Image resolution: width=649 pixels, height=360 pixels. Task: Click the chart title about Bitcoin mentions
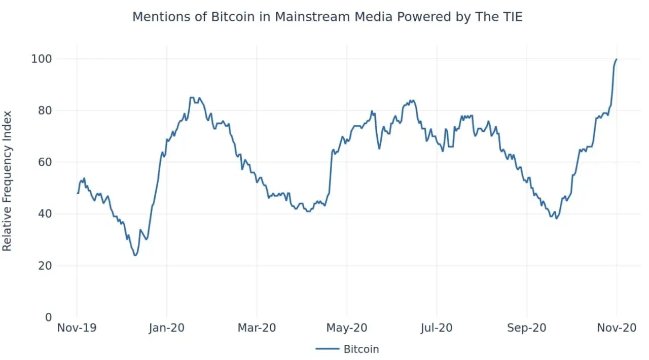327,17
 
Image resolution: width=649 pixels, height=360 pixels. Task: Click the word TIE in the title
511,17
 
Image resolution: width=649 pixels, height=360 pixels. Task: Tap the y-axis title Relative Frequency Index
7,181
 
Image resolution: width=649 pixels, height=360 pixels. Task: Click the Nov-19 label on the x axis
77,328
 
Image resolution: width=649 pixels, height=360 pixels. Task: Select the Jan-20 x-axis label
167,328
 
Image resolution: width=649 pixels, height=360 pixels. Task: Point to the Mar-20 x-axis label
257,328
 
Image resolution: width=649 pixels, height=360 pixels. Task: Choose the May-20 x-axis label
347,328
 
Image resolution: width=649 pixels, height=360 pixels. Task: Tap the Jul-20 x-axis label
437,328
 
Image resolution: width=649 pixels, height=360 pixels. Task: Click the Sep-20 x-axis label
527,328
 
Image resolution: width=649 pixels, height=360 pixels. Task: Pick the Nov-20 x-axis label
617,328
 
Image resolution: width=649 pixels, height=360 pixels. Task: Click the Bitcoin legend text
361,349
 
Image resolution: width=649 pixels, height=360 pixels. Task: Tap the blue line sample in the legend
327,349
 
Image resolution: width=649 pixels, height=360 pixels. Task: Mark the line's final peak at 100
617,59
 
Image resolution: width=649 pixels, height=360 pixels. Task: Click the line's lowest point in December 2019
135,255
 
